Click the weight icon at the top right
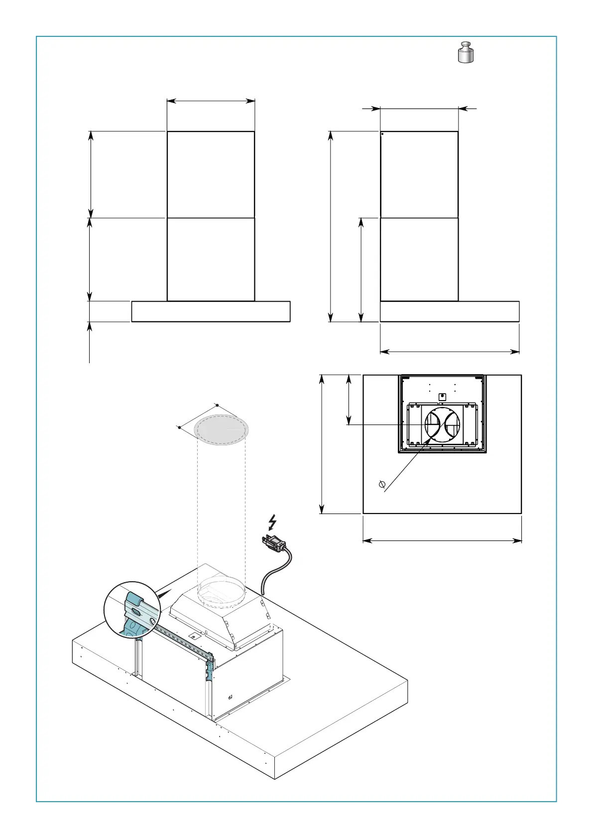466,53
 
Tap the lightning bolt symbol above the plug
272,522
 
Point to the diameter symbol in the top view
382,484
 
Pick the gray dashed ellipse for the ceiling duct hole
221,429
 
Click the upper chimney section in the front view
211,174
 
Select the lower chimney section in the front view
211,259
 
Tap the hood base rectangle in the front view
211,312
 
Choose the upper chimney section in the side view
419,174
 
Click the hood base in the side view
450,312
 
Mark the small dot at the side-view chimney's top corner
382,133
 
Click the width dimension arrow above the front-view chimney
211,101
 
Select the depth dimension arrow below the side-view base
450,352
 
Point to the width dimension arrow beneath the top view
442,540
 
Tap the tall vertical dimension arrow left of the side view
330,226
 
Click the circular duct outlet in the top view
442,424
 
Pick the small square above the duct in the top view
442,397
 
